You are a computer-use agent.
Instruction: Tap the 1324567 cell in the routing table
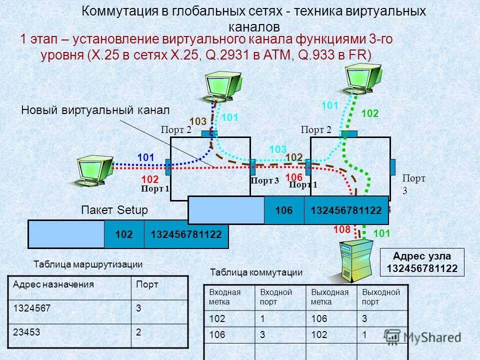coord(70,308)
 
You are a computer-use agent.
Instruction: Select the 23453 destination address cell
coord(70,332)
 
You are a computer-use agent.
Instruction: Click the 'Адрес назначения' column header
coord(70,284)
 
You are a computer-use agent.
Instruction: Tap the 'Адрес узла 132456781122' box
coord(421,263)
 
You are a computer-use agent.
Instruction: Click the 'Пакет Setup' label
coord(114,210)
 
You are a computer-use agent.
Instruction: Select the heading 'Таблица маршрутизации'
coord(88,264)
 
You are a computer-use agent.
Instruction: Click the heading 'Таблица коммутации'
coord(256,272)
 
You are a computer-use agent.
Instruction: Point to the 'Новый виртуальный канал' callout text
coord(95,110)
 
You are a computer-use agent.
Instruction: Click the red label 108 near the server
coord(342,229)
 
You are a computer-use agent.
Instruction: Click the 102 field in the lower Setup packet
coord(124,233)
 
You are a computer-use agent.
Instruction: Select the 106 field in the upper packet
coord(284,209)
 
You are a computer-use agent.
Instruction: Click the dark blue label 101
coord(145,157)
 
